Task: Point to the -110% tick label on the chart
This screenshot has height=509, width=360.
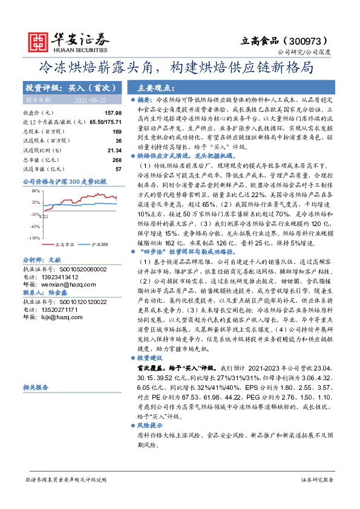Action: click(33, 238)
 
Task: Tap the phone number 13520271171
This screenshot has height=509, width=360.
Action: click(62, 309)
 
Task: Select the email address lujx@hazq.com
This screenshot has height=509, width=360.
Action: click(59, 317)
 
